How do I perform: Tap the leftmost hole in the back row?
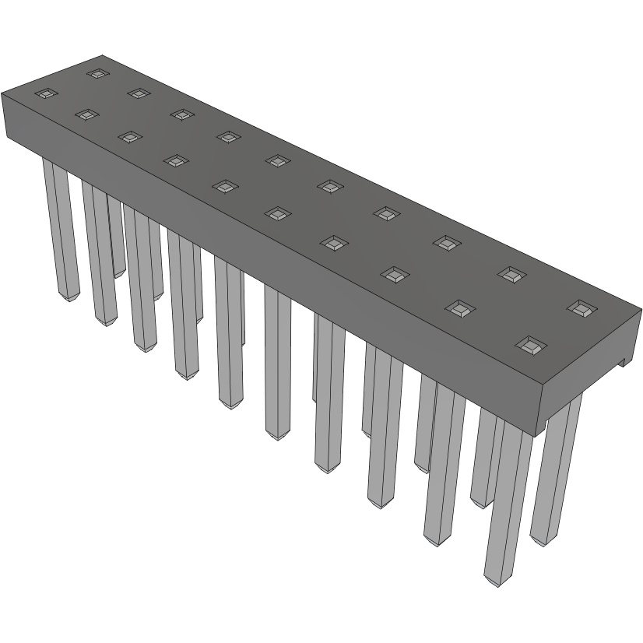coord(97,74)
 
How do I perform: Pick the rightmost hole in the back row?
coord(579,307)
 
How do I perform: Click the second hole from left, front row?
coord(86,114)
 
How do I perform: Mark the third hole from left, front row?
coord(129,137)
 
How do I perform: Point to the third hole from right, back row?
coord(447,242)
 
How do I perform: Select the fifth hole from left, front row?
coord(225,186)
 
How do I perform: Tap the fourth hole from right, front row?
coord(333,243)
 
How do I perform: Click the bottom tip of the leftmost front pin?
coord(69,298)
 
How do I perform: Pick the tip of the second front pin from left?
coord(105,321)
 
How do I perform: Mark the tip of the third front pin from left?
coord(143,347)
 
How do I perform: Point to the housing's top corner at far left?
coord(2,93)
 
